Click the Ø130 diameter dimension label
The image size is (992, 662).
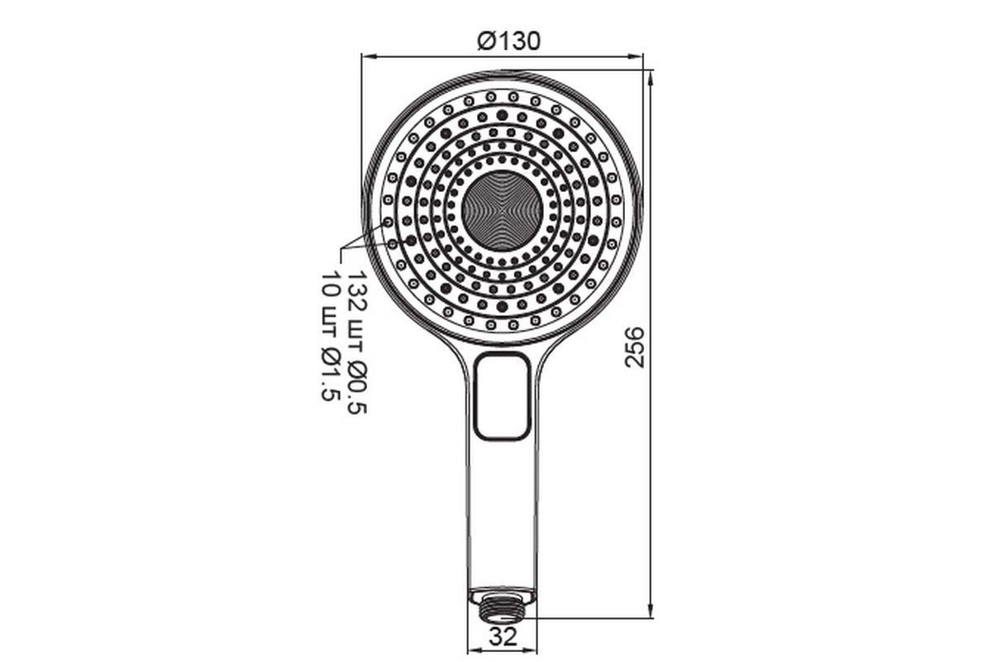click(x=509, y=41)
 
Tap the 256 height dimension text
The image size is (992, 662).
click(x=634, y=348)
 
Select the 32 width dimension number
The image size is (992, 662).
click(x=503, y=636)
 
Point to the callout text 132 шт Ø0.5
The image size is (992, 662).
click(x=357, y=343)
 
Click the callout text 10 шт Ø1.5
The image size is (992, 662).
click(x=331, y=336)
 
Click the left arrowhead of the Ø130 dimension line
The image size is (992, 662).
click(x=369, y=56)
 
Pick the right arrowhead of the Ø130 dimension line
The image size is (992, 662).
click(x=636, y=56)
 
